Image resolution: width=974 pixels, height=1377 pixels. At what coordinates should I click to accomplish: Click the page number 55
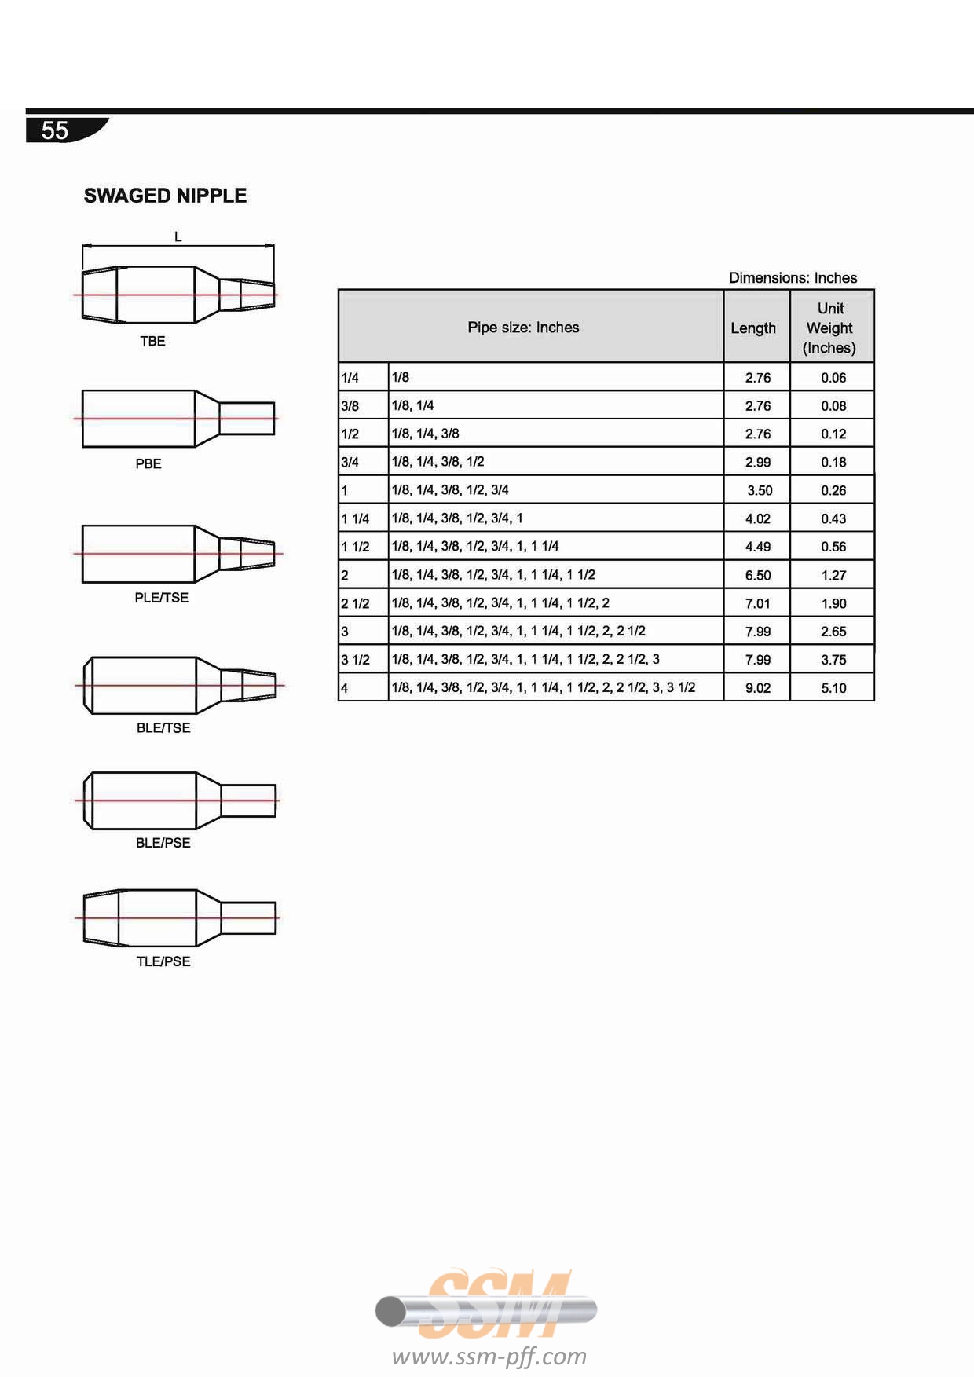click(55, 130)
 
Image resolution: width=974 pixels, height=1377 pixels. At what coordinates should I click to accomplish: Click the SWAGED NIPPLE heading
click(165, 196)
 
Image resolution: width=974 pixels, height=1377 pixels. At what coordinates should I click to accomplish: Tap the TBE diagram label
click(152, 341)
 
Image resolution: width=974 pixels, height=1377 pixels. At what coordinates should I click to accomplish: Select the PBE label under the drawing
click(148, 463)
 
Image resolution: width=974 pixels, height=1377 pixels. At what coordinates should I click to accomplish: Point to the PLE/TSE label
click(162, 598)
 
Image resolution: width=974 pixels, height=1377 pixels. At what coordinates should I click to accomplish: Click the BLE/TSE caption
click(163, 728)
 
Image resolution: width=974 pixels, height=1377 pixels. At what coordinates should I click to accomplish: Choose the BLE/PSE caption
click(163, 843)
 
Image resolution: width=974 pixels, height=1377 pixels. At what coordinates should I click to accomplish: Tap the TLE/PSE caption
click(163, 961)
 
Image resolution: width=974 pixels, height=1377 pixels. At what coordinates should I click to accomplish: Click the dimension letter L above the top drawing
click(178, 236)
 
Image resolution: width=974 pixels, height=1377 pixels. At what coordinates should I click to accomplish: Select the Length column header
click(753, 328)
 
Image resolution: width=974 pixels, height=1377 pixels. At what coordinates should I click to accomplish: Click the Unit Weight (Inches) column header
click(830, 328)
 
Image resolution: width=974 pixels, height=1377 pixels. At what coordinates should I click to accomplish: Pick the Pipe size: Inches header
click(523, 328)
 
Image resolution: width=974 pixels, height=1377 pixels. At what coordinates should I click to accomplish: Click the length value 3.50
click(760, 490)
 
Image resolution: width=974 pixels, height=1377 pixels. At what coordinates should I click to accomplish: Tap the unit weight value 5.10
click(833, 688)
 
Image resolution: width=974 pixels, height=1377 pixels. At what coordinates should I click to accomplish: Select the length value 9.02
click(758, 688)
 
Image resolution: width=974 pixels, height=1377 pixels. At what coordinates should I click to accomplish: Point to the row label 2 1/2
click(355, 603)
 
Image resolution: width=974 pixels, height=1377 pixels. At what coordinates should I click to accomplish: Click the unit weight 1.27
click(833, 575)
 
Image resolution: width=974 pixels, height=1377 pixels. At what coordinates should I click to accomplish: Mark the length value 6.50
click(758, 575)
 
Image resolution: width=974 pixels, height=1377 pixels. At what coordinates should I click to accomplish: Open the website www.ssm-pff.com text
click(489, 1357)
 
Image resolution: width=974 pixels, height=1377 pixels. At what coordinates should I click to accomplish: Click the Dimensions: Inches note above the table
click(793, 278)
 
